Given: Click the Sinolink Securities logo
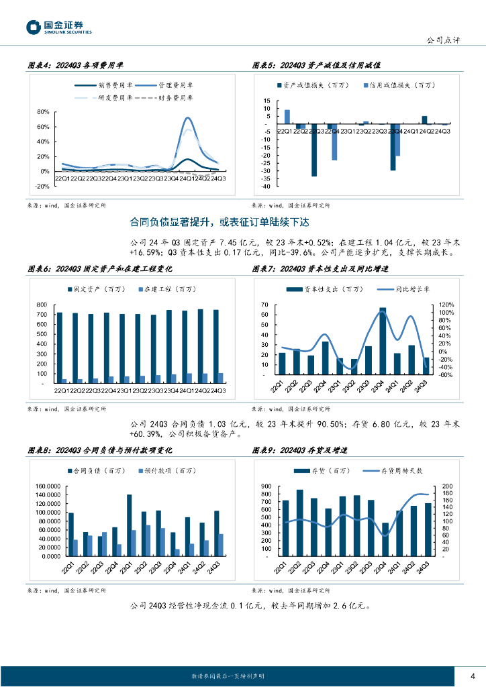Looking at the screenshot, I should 58,27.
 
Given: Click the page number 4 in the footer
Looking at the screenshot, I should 473,675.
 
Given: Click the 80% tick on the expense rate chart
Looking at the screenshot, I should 43,112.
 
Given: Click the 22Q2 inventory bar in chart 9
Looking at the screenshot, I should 299,523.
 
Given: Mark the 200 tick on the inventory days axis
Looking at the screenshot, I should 446,486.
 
